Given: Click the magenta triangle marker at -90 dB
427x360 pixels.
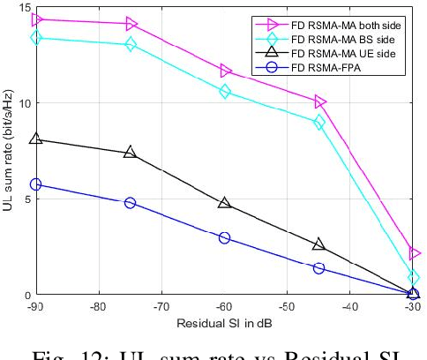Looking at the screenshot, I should coord(36,19).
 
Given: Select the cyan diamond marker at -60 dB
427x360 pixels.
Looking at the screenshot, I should coord(225,91).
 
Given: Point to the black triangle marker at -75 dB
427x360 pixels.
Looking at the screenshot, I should coord(131,153).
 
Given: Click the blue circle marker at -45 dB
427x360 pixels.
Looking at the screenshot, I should coord(319,268).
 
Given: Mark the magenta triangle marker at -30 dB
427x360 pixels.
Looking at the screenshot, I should coord(414,253).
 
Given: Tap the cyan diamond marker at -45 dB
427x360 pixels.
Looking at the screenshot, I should coord(319,123).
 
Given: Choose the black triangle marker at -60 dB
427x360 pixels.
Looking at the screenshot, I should coord(225,204).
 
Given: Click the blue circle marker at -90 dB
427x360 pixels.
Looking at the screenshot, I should coord(36,184).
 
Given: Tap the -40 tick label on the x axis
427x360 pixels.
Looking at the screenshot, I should coord(350,306).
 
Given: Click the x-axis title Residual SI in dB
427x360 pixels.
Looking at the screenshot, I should coord(225,322).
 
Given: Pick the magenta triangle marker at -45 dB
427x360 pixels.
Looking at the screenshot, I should coord(319,102).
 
